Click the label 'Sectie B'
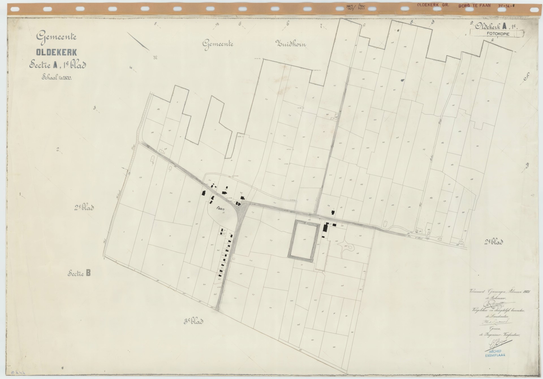click(x=79, y=273)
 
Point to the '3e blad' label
click(x=193, y=322)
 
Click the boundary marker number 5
click(x=155, y=24)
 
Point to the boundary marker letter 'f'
click(x=526, y=77)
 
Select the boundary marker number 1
click(x=20, y=194)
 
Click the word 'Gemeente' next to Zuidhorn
click(x=218, y=44)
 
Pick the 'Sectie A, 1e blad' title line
click(x=58, y=65)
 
